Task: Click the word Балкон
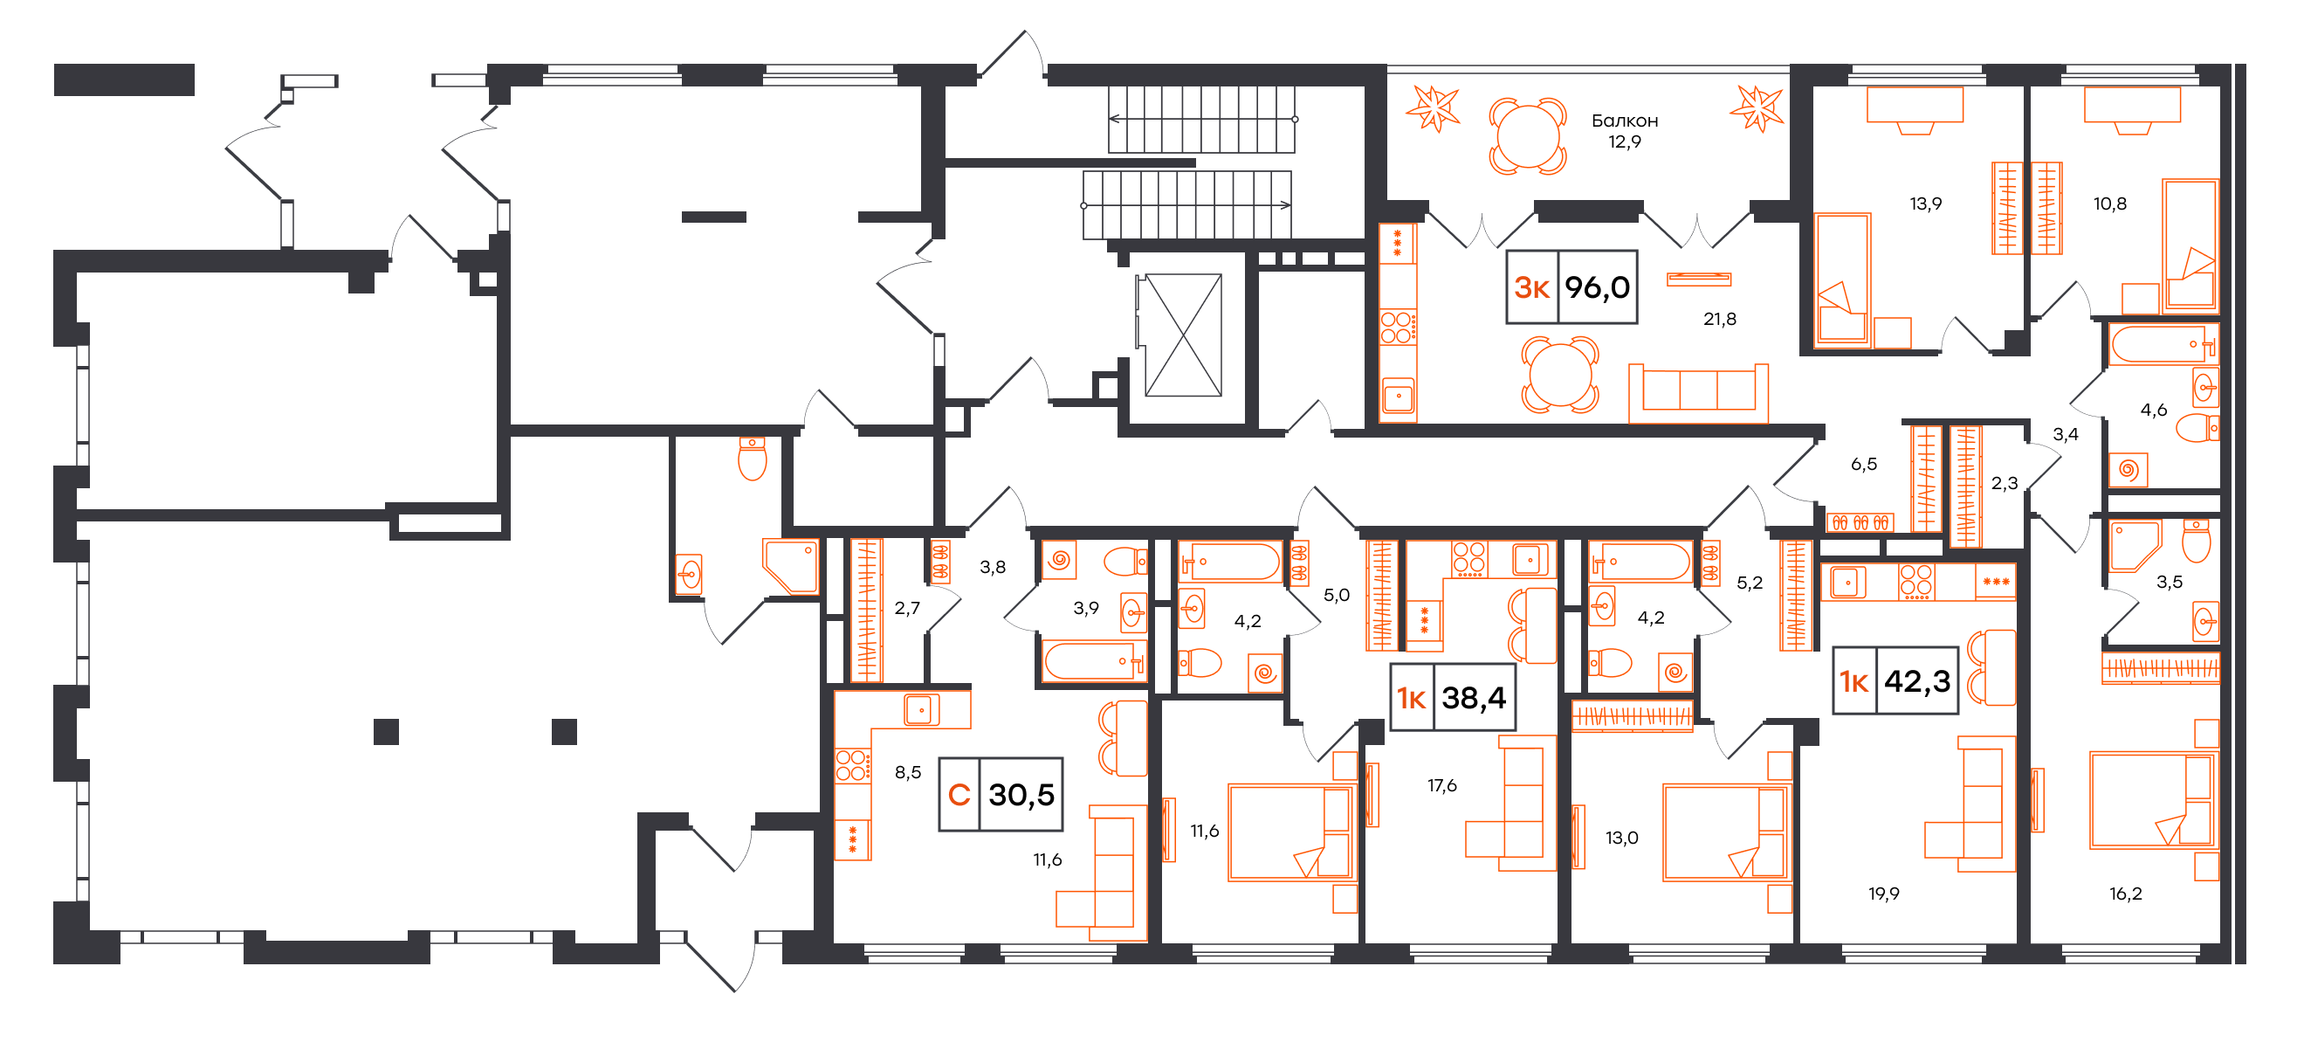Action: [1625, 121]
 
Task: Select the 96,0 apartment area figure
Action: [1597, 287]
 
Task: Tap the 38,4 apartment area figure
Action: [1474, 698]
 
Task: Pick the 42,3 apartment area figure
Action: [1917, 681]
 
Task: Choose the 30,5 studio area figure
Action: [1021, 795]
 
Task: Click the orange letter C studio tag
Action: [959, 795]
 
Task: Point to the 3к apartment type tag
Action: [1532, 287]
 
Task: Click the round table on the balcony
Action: [1528, 136]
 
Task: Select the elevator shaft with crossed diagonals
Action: [1183, 335]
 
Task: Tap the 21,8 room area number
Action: [1719, 319]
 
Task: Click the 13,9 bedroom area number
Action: [1925, 204]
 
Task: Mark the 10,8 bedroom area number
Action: [2110, 204]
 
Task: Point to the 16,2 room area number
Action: [2125, 894]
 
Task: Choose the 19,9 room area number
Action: [1883, 894]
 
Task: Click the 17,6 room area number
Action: [1442, 785]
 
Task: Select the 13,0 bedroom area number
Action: [1621, 838]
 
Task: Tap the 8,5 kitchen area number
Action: [908, 772]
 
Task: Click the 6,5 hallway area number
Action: [1864, 464]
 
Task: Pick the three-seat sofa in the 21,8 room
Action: [1699, 392]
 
